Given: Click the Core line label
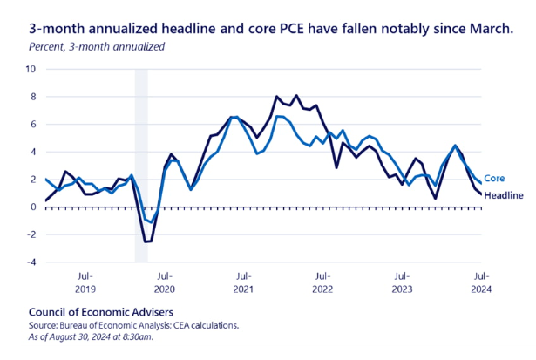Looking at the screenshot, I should pos(494,178).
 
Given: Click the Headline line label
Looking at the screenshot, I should pos(503,195).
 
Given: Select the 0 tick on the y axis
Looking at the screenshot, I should pos(32,207).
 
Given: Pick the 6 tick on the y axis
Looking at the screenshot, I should pos(32,124).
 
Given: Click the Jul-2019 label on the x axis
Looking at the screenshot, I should pos(85,282).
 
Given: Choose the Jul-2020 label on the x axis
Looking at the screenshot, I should pos(165,282).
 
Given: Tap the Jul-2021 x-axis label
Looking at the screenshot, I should pos(244,282).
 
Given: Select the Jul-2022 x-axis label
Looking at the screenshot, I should pos(322,282).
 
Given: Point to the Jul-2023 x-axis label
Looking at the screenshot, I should pos(402,282).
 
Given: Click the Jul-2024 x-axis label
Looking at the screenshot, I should pos(481,282).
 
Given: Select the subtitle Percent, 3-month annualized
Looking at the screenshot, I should pos(97,46).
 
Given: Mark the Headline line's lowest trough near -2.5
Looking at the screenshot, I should pos(147,241).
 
